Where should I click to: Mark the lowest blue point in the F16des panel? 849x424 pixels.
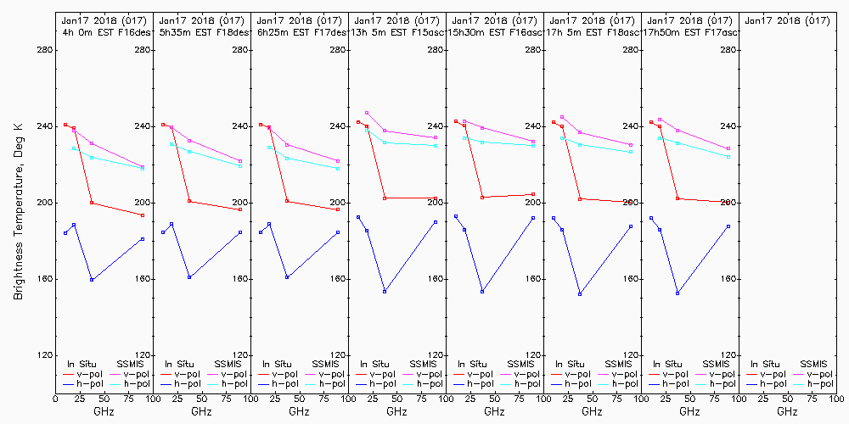coord(92,279)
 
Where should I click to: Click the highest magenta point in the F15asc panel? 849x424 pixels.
coord(367,113)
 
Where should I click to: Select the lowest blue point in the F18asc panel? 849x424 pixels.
coord(580,294)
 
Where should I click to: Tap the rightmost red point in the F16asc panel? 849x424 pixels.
coord(533,194)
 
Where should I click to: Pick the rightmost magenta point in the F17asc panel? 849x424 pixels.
coord(728,148)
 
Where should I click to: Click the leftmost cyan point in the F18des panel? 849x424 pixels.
coord(171,144)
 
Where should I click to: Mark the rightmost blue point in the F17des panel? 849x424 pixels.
coord(338,232)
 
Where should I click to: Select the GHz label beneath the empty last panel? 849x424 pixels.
coord(787,411)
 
